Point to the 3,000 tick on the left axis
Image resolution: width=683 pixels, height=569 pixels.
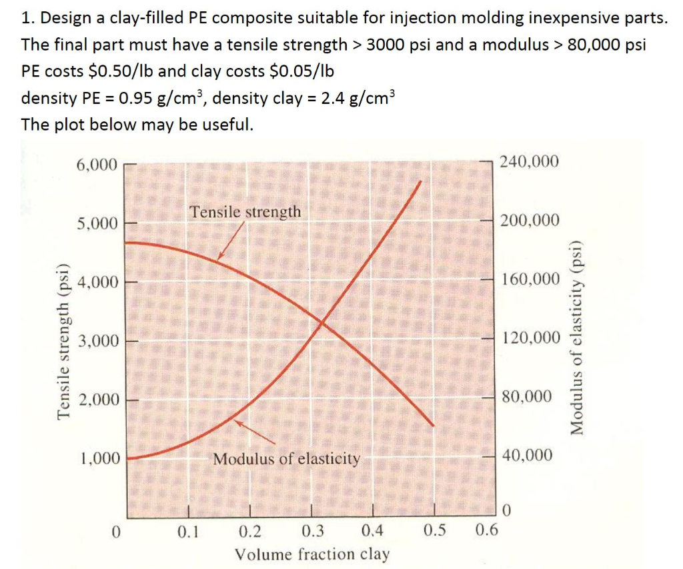(x=98, y=342)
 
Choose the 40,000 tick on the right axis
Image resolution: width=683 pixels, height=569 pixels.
(x=527, y=456)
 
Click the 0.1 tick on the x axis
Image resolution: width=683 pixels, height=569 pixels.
(x=187, y=532)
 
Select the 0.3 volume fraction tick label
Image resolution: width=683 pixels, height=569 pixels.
(x=313, y=532)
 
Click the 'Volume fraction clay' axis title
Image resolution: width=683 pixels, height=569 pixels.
(x=312, y=554)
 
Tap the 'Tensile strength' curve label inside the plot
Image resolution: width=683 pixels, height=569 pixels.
(x=245, y=213)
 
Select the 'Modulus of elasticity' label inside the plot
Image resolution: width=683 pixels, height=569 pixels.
(x=287, y=459)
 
